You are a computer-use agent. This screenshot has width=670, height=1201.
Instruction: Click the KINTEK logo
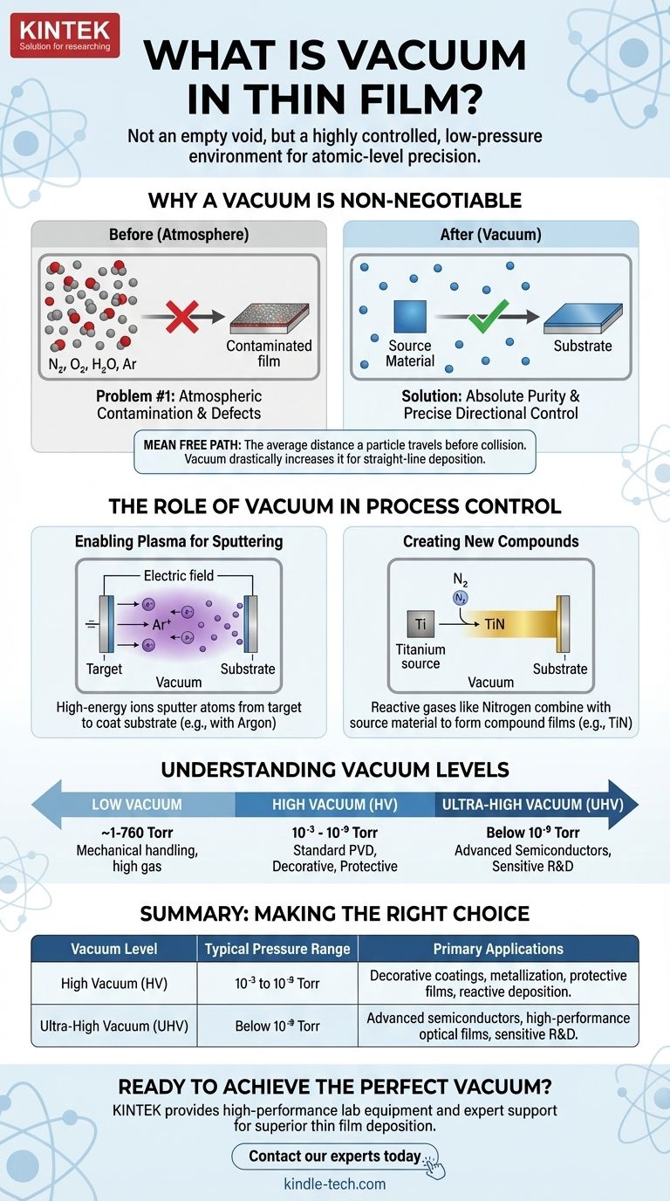(65, 35)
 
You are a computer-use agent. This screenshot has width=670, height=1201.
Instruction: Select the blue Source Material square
(409, 317)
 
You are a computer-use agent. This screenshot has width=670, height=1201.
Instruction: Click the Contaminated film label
(269, 352)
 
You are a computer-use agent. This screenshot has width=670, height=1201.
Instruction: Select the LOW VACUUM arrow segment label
(137, 805)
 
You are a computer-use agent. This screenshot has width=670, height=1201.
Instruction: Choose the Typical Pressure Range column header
(277, 949)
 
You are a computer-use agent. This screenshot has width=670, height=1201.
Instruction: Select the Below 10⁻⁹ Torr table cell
(277, 1026)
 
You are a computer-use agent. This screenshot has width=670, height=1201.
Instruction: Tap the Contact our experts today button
(334, 1156)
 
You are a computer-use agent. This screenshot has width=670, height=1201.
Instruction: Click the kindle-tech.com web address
(335, 1184)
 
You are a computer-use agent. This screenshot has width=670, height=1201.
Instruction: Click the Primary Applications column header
(498, 949)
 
